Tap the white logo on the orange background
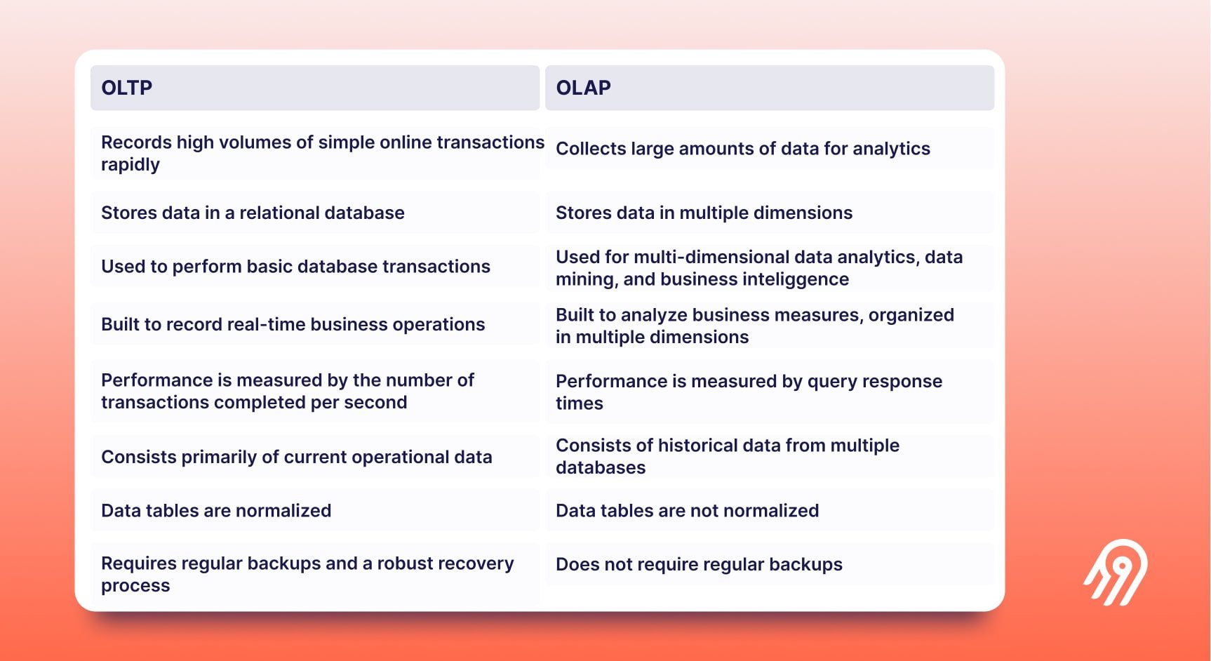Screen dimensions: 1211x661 (x=1116, y=572)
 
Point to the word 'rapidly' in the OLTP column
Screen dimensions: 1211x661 (x=131, y=165)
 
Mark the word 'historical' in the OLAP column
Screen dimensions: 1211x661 (x=698, y=446)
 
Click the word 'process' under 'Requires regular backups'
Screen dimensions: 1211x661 (x=135, y=586)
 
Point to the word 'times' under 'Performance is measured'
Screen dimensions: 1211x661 (x=580, y=403)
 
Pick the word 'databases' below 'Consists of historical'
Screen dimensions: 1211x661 (x=601, y=468)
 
